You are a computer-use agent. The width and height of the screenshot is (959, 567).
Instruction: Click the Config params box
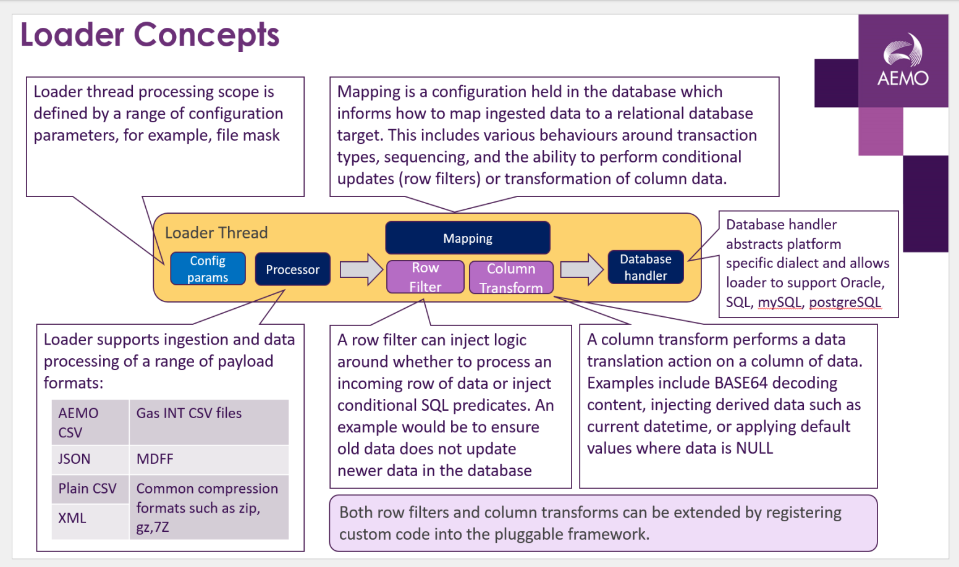coord(208,269)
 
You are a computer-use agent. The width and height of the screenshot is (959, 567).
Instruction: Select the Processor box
coord(292,269)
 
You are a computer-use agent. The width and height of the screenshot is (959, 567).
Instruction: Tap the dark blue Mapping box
coord(468,238)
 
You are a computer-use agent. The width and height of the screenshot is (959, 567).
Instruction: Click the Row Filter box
coord(425,277)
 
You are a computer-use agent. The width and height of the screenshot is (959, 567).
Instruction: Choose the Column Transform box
coord(511,278)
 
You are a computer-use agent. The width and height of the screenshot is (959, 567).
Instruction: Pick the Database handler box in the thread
coord(646,267)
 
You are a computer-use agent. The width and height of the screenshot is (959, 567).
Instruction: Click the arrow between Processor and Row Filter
coord(362,269)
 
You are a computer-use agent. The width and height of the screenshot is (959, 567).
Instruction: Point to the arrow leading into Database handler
coord(581,269)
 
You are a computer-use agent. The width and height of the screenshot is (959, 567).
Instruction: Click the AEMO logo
coord(903,61)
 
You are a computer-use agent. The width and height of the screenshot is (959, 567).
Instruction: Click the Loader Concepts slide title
coord(150,35)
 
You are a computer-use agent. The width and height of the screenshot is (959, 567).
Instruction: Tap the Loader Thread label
coord(216,233)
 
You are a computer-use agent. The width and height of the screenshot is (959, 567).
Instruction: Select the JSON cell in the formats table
coord(74,459)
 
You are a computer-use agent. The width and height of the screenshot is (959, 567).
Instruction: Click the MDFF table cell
coord(155,459)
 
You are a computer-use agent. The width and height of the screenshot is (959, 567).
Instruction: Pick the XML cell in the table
coord(72,518)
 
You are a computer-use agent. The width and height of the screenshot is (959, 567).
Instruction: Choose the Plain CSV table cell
coord(87,489)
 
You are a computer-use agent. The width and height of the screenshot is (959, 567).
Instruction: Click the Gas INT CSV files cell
coord(189,413)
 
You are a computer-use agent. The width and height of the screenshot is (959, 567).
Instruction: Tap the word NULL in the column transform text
coord(754,448)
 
